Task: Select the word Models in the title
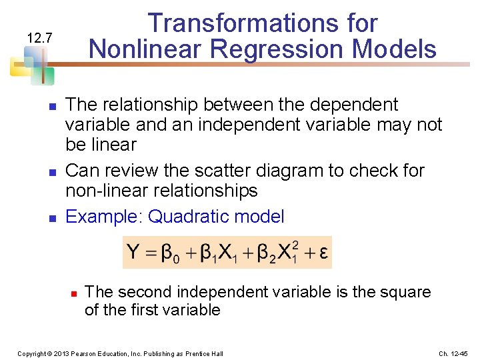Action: tap(401, 49)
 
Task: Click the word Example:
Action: tap(105, 217)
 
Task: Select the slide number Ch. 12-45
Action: tap(453, 353)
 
